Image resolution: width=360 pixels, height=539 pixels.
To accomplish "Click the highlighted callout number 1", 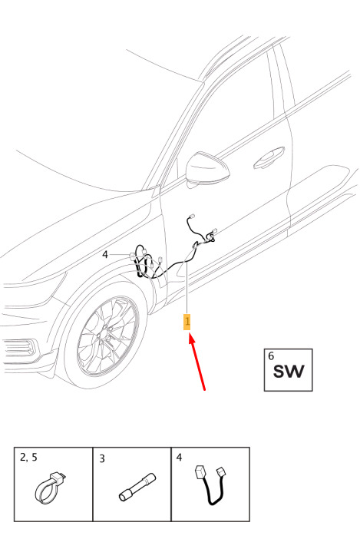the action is (x=187, y=322).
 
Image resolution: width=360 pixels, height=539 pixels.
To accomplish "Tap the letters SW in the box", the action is (x=289, y=372).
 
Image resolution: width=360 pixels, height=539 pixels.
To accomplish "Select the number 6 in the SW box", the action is (x=271, y=356).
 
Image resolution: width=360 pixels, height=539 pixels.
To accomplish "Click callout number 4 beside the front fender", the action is (x=105, y=255).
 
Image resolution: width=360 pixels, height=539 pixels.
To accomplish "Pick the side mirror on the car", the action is (x=207, y=170).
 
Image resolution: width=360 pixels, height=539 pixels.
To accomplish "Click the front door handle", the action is (x=269, y=158).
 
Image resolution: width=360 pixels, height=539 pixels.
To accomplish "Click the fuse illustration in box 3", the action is (x=137, y=488).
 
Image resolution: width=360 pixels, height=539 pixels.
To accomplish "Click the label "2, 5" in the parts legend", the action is (x=29, y=458).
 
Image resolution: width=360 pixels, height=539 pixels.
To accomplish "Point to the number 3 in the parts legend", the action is (x=101, y=459).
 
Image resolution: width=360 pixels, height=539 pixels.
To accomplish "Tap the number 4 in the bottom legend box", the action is (x=179, y=458).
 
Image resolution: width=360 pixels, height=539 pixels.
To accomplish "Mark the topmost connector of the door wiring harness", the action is (x=190, y=217).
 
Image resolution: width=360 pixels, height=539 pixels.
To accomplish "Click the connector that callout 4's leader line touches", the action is (x=133, y=256).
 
